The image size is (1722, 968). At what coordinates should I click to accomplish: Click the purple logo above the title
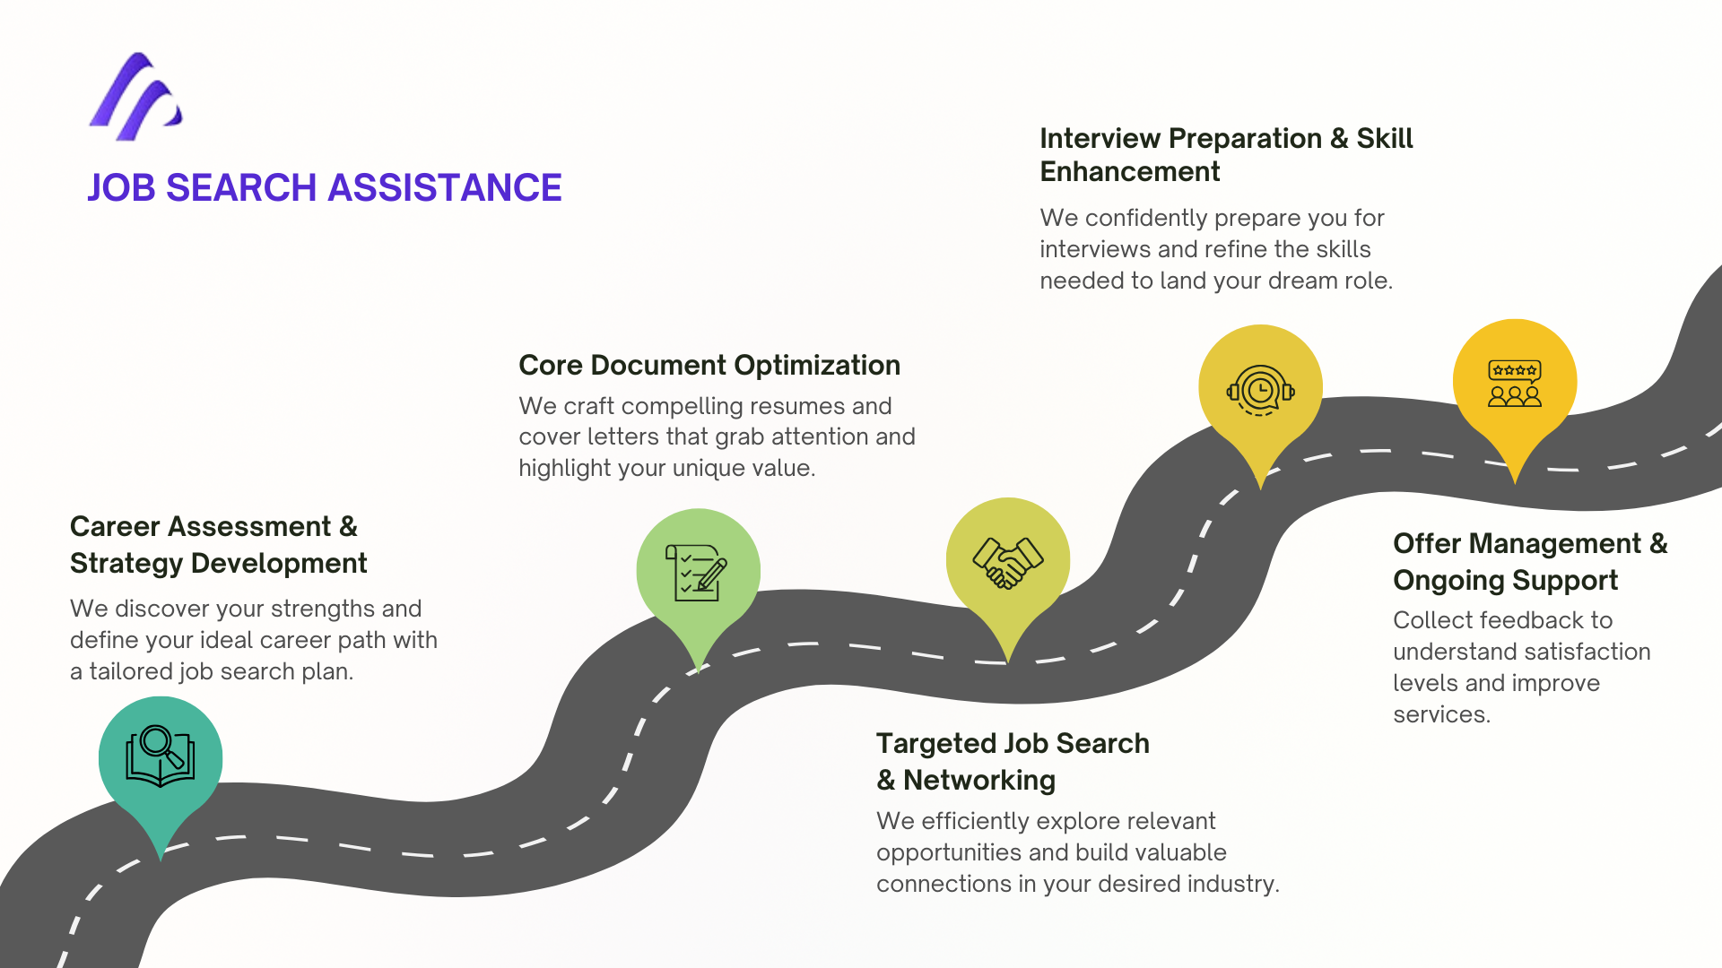click(x=136, y=97)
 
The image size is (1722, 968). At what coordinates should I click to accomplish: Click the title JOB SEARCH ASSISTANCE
click(x=324, y=188)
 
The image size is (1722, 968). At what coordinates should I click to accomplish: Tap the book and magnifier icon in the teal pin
click(x=161, y=756)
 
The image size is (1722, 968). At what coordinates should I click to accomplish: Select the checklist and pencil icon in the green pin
click(x=697, y=572)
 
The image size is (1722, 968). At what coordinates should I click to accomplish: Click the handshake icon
click(x=1008, y=562)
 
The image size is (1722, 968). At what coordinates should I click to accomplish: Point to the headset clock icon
click(x=1260, y=390)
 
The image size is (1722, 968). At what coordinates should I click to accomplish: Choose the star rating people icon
click(x=1515, y=384)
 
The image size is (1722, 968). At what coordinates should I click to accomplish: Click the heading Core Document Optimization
click(x=709, y=366)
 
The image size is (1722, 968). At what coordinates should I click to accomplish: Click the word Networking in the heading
click(x=978, y=781)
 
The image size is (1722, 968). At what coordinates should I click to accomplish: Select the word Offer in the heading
click(x=1427, y=544)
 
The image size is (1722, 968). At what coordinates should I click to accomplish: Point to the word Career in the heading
click(x=111, y=527)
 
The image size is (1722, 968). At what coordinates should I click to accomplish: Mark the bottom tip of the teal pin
click(x=161, y=859)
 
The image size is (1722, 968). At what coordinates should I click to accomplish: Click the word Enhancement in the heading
click(x=1129, y=172)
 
